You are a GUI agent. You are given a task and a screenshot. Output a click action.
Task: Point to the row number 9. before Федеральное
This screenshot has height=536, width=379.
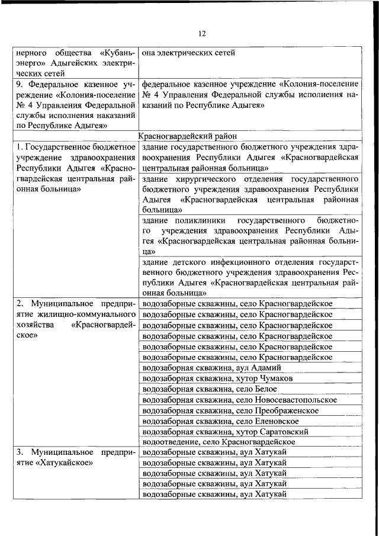(x=20, y=84)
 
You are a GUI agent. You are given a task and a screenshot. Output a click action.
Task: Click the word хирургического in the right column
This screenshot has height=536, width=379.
(x=203, y=178)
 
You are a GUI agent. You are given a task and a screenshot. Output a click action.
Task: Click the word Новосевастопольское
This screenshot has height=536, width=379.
(x=295, y=400)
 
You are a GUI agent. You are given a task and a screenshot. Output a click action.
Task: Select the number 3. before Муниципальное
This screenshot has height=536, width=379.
(x=20, y=453)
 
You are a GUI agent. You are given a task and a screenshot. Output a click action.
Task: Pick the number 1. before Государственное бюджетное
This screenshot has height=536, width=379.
(x=19, y=146)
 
